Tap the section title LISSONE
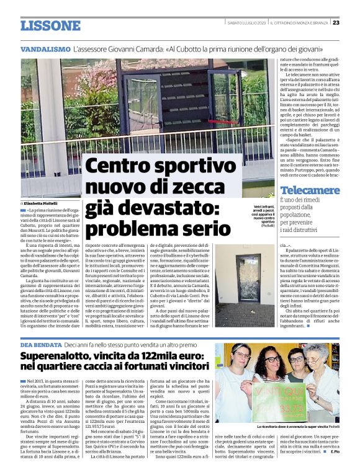click(50, 25)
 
